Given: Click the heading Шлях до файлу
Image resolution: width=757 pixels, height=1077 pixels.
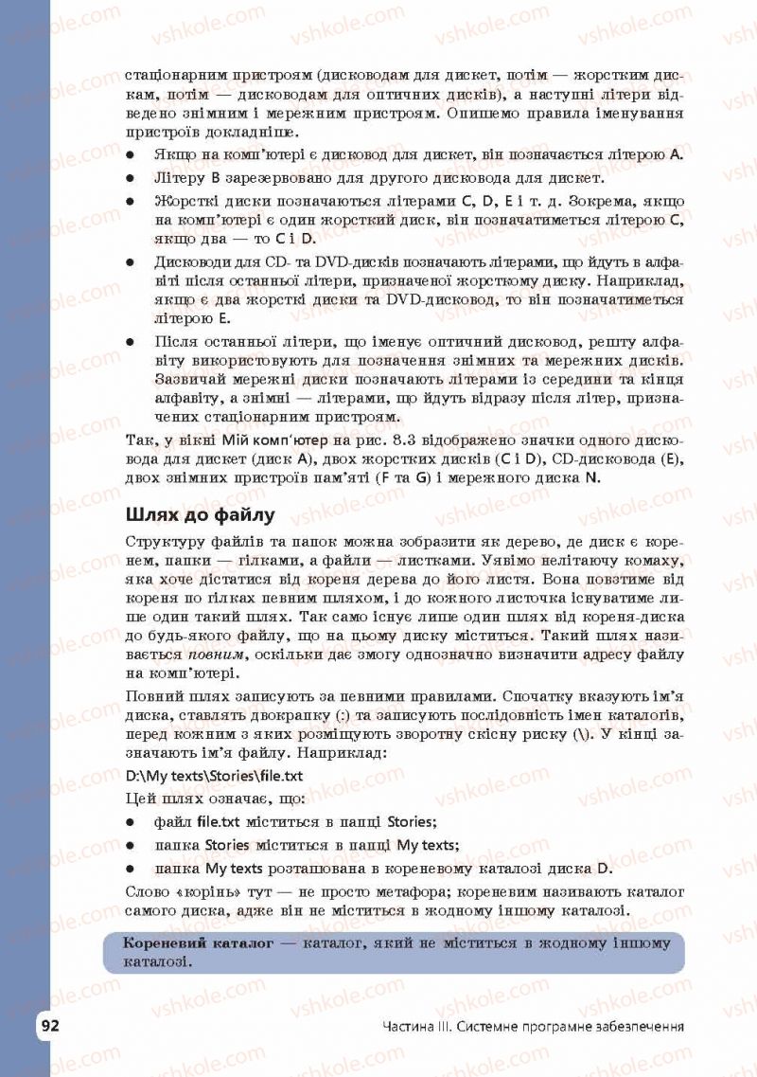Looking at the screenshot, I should tap(200, 515).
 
